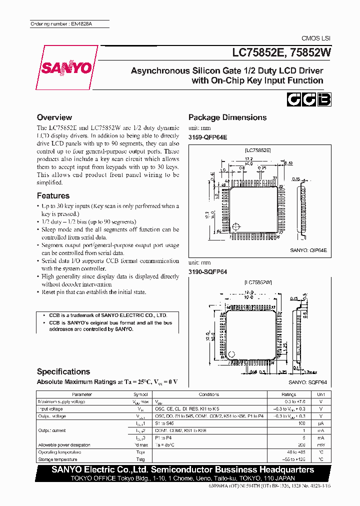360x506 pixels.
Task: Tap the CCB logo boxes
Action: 308,100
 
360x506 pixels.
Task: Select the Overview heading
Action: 54,117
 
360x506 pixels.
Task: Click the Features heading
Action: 53,195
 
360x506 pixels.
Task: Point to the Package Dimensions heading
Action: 227,117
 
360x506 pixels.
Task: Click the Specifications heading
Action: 63,371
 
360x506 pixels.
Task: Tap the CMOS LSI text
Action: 316,38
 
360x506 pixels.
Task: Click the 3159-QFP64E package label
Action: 207,137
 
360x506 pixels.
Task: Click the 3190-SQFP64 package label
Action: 207,271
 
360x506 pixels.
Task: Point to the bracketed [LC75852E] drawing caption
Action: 258,149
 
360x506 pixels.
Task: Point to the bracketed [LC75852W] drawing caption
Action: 258,282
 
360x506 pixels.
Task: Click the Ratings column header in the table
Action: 288,394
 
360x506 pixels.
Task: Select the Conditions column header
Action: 209,394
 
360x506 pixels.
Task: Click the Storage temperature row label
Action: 57,459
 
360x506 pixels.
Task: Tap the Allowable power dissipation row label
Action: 64,444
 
